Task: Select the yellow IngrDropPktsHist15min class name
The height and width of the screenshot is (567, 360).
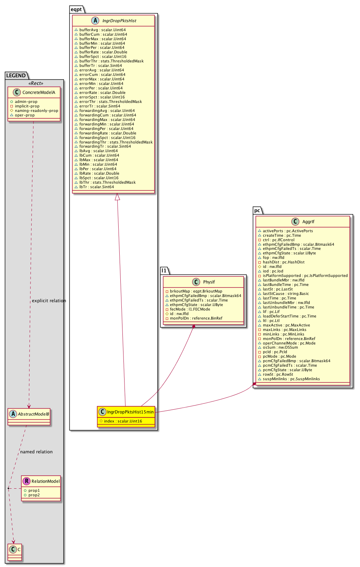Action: [x=130, y=412]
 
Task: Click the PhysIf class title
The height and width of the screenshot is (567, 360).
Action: [x=209, y=282]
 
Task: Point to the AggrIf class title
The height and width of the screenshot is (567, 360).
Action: [x=308, y=222]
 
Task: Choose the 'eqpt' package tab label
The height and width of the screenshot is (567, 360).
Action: [x=76, y=9]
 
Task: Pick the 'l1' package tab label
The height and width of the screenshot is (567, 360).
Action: [x=164, y=270]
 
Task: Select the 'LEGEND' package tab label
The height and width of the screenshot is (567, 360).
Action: [x=16, y=76]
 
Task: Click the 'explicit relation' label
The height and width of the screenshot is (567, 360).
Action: [x=49, y=301]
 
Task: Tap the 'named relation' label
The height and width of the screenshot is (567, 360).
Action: [x=36, y=452]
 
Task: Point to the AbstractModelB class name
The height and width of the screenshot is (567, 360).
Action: [x=33, y=414]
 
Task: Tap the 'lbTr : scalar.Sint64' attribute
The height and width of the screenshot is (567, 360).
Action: [x=96, y=187]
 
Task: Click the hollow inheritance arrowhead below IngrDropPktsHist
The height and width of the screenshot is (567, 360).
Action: [x=118, y=197]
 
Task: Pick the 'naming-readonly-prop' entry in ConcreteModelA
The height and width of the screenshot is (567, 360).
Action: [x=36, y=111]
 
